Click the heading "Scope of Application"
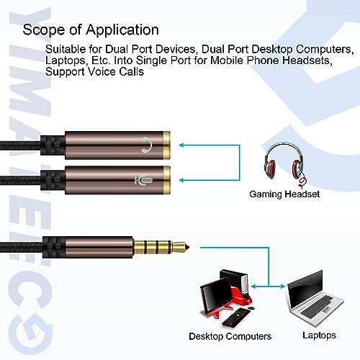pyautogui.click(x=91, y=30)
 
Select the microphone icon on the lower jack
pyautogui.click(x=143, y=181)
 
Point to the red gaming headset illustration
pyautogui.click(x=284, y=165)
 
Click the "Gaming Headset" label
pyautogui.click(x=284, y=194)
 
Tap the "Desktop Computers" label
pyautogui.click(x=230, y=336)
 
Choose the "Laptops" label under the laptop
pyautogui.click(x=319, y=336)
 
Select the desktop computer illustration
pyautogui.click(x=226, y=297)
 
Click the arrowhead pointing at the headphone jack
pyautogui.click(x=182, y=145)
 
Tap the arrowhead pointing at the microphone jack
pyautogui.click(x=182, y=180)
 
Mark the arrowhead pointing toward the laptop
pyautogui.click(x=282, y=287)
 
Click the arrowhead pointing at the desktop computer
pyautogui.click(x=254, y=287)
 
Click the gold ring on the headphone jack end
pyautogui.click(x=167, y=145)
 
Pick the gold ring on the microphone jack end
pyautogui.click(x=167, y=180)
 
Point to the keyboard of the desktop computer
pyautogui.click(x=237, y=316)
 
